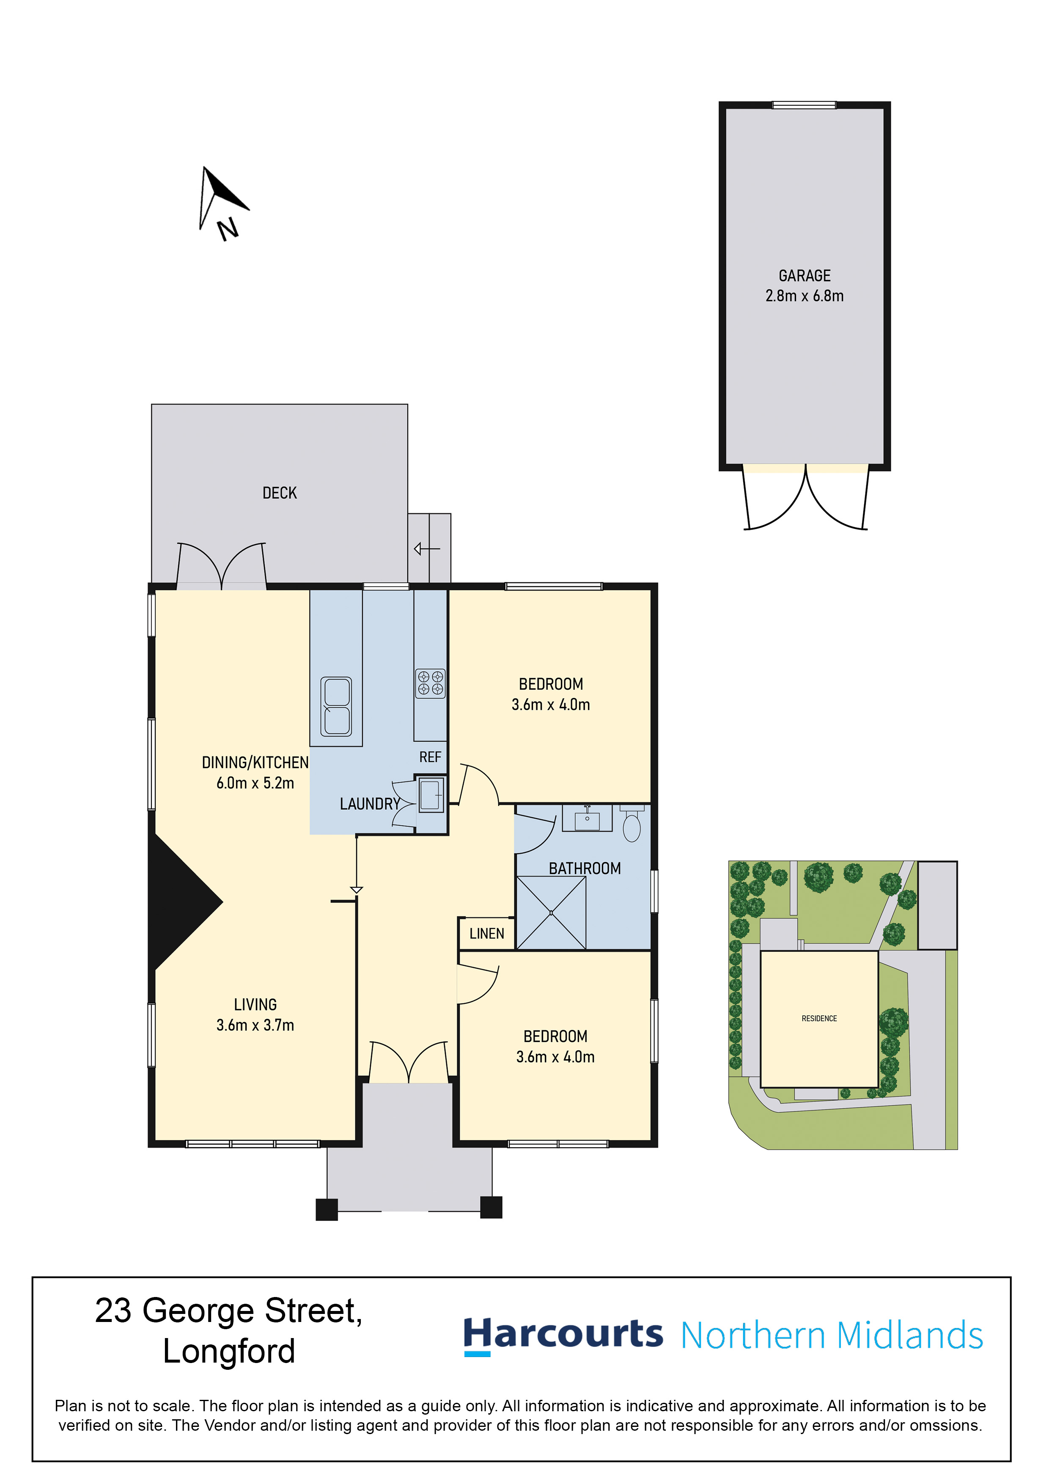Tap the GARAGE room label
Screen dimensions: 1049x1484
click(x=804, y=276)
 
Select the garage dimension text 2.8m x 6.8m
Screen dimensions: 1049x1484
click(x=804, y=296)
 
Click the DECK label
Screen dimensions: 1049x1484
click(x=279, y=493)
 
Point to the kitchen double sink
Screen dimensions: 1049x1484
click(x=336, y=706)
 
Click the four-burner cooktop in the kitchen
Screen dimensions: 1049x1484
click(x=430, y=683)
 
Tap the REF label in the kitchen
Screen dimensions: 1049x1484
click(x=430, y=757)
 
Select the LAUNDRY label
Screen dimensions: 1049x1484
click(x=370, y=804)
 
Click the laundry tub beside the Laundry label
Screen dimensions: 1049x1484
click(x=431, y=794)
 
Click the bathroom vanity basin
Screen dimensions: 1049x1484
click(x=587, y=818)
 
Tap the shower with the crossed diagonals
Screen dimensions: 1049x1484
click(x=551, y=912)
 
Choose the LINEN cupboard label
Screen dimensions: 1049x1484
click(x=487, y=933)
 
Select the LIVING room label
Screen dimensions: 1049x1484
click(x=255, y=1004)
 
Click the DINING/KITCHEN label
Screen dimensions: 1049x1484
click(x=255, y=763)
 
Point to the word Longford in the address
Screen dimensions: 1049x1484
click(x=229, y=1352)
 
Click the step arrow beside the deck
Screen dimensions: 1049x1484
click(x=427, y=549)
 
